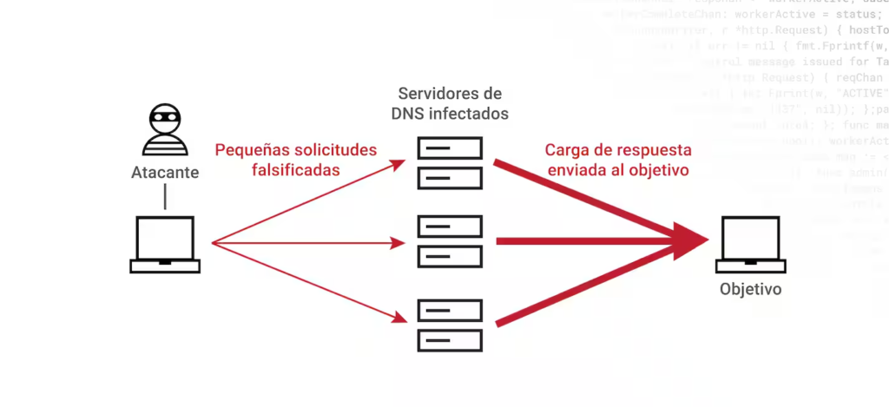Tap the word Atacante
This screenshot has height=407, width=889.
[x=165, y=172]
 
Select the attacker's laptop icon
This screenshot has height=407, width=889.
[x=165, y=245]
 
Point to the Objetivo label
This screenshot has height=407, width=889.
[x=750, y=289]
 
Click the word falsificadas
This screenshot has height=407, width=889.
[x=295, y=170]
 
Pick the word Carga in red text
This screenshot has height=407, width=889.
[x=566, y=149]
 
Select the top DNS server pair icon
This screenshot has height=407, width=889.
[x=449, y=162]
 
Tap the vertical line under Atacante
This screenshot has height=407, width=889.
[x=165, y=198]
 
